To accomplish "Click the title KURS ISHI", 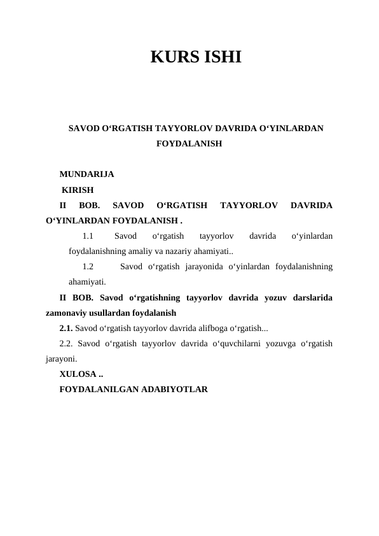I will tap(196, 58).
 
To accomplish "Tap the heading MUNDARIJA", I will tap(86, 173).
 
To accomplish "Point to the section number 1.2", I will tap(88, 267).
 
